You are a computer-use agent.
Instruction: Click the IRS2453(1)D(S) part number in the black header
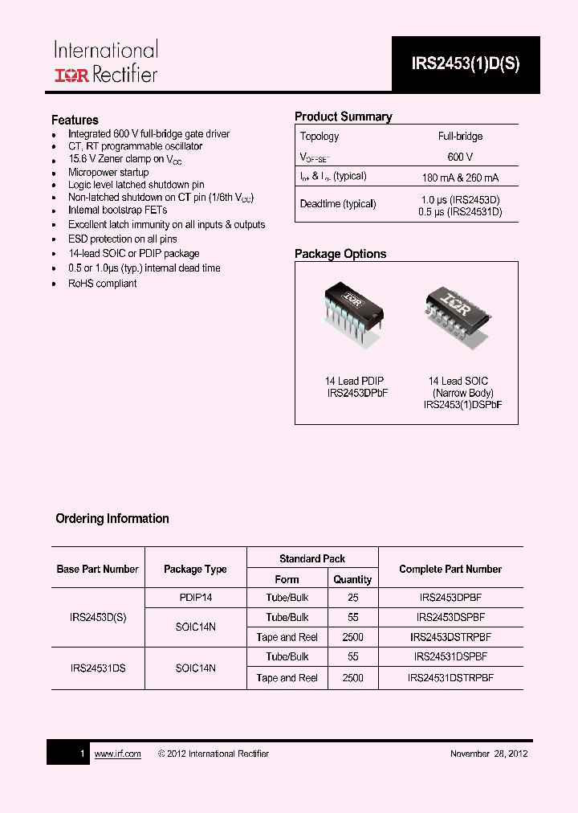(466, 65)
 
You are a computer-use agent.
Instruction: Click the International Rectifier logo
(105, 63)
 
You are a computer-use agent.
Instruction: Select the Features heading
(75, 120)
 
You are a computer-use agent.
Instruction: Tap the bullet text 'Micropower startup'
(108, 172)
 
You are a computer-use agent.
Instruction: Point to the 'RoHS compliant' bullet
(102, 284)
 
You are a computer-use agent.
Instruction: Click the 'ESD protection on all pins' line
(122, 239)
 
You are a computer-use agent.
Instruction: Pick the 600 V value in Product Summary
(460, 157)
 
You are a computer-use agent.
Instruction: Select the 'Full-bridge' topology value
(460, 137)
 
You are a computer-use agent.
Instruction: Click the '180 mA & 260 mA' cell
(460, 178)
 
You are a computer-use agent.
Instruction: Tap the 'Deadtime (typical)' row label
(338, 204)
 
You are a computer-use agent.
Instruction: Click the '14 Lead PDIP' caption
(354, 381)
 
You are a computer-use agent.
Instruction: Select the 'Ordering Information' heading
(112, 519)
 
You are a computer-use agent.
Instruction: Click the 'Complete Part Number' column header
(450, 569)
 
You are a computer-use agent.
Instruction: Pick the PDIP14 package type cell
(195, 598)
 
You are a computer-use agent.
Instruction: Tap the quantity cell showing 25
(352, 598)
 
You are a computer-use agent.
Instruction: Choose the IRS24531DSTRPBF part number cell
(450, 678)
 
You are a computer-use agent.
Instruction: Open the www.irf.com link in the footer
(117, 754)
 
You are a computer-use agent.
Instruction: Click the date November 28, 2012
(488, 754)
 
